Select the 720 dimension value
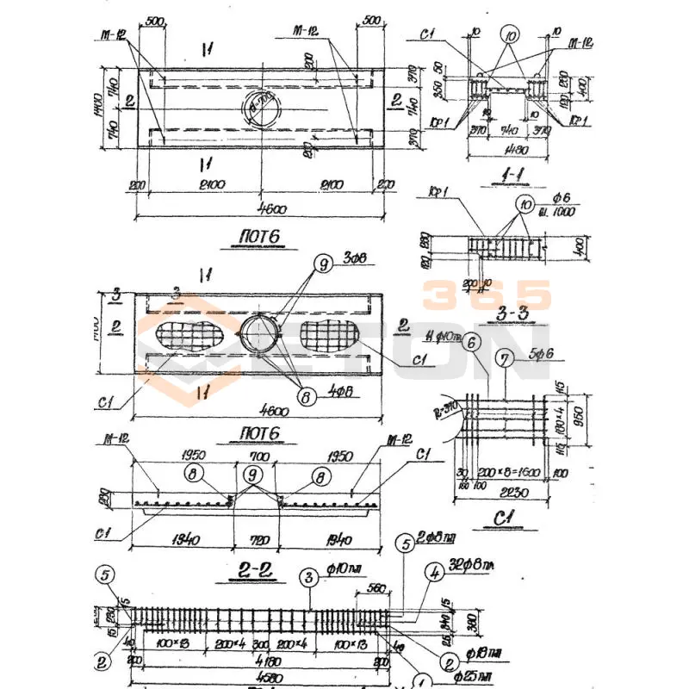pos(258,541)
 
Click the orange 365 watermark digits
pos(487,295)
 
